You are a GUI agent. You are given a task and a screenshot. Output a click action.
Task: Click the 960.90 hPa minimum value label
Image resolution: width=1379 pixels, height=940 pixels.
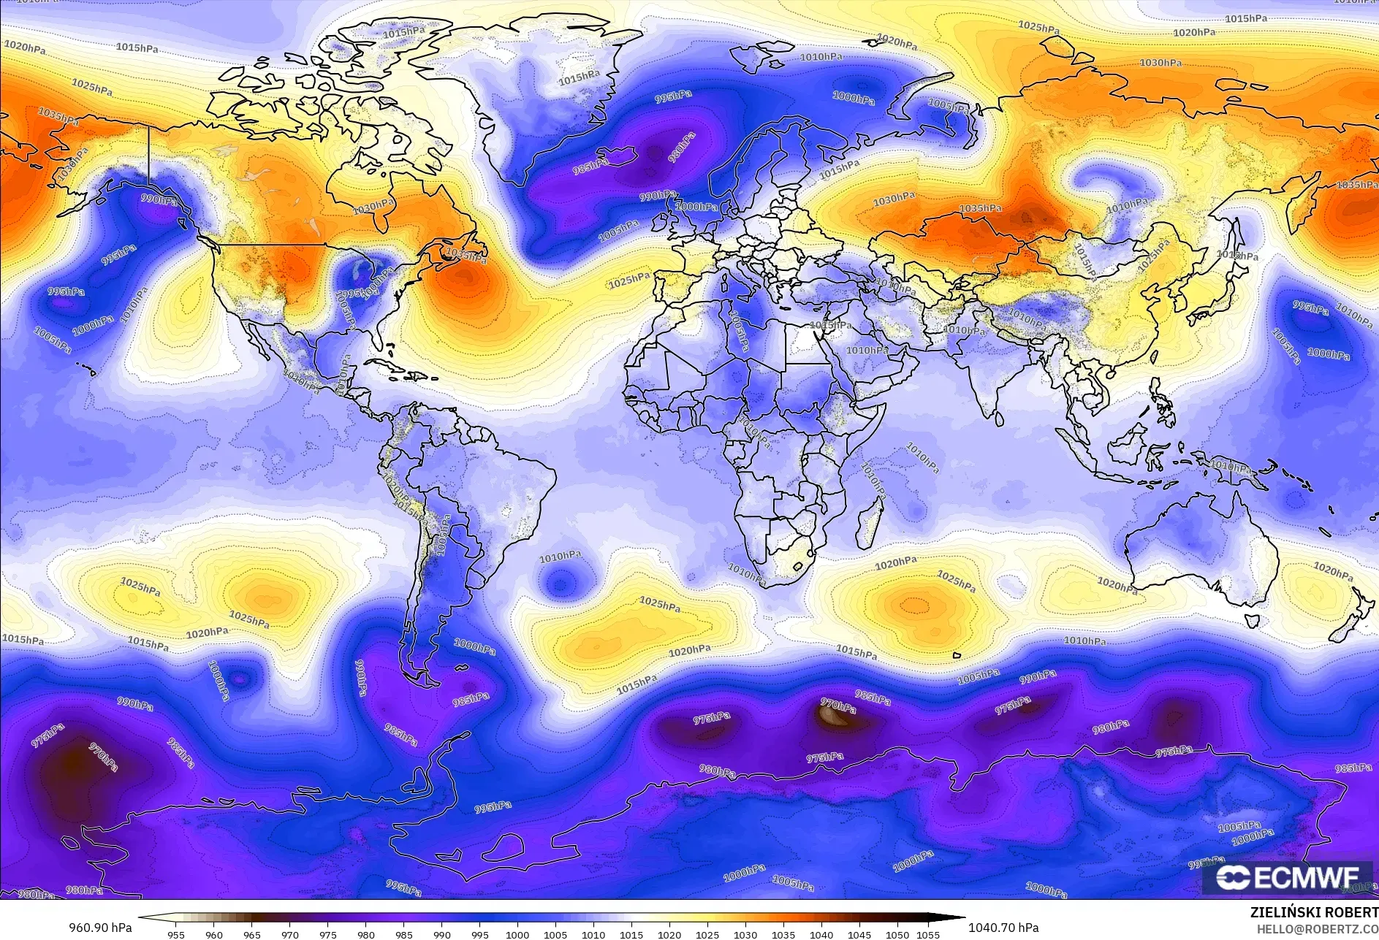pos(101,928)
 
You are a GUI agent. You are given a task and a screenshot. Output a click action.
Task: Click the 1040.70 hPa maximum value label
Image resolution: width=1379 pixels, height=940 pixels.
pos(1003,928)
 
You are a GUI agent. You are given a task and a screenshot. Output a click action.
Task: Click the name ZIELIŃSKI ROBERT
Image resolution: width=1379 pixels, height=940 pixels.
pos(1314,913)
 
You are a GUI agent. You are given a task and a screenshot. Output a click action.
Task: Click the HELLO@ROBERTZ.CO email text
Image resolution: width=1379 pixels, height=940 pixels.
pos(1317,928)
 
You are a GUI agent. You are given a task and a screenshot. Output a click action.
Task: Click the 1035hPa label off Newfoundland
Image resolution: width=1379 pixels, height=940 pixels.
pos(466,256)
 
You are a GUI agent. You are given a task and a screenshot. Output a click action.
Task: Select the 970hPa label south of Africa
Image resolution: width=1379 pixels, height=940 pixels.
pos(837,706)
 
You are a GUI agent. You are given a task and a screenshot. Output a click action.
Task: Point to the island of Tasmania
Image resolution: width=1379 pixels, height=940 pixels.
pos(1252,621)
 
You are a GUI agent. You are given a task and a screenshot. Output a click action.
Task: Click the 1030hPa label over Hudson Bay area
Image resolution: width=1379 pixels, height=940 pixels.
pos(373,207)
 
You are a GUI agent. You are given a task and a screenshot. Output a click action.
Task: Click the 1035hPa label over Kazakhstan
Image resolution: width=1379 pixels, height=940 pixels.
pos(980,209)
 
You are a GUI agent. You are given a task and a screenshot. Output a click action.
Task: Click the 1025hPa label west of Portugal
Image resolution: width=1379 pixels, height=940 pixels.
pos(629,279)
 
